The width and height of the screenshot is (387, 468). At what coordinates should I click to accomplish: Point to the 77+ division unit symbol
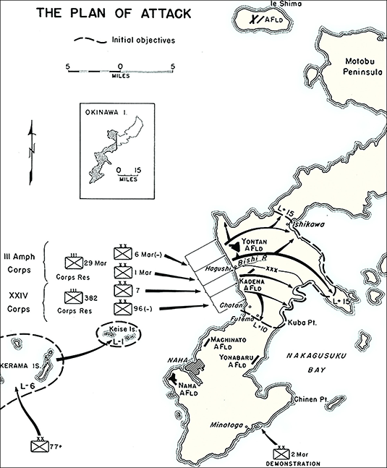click(x=42, y=446)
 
